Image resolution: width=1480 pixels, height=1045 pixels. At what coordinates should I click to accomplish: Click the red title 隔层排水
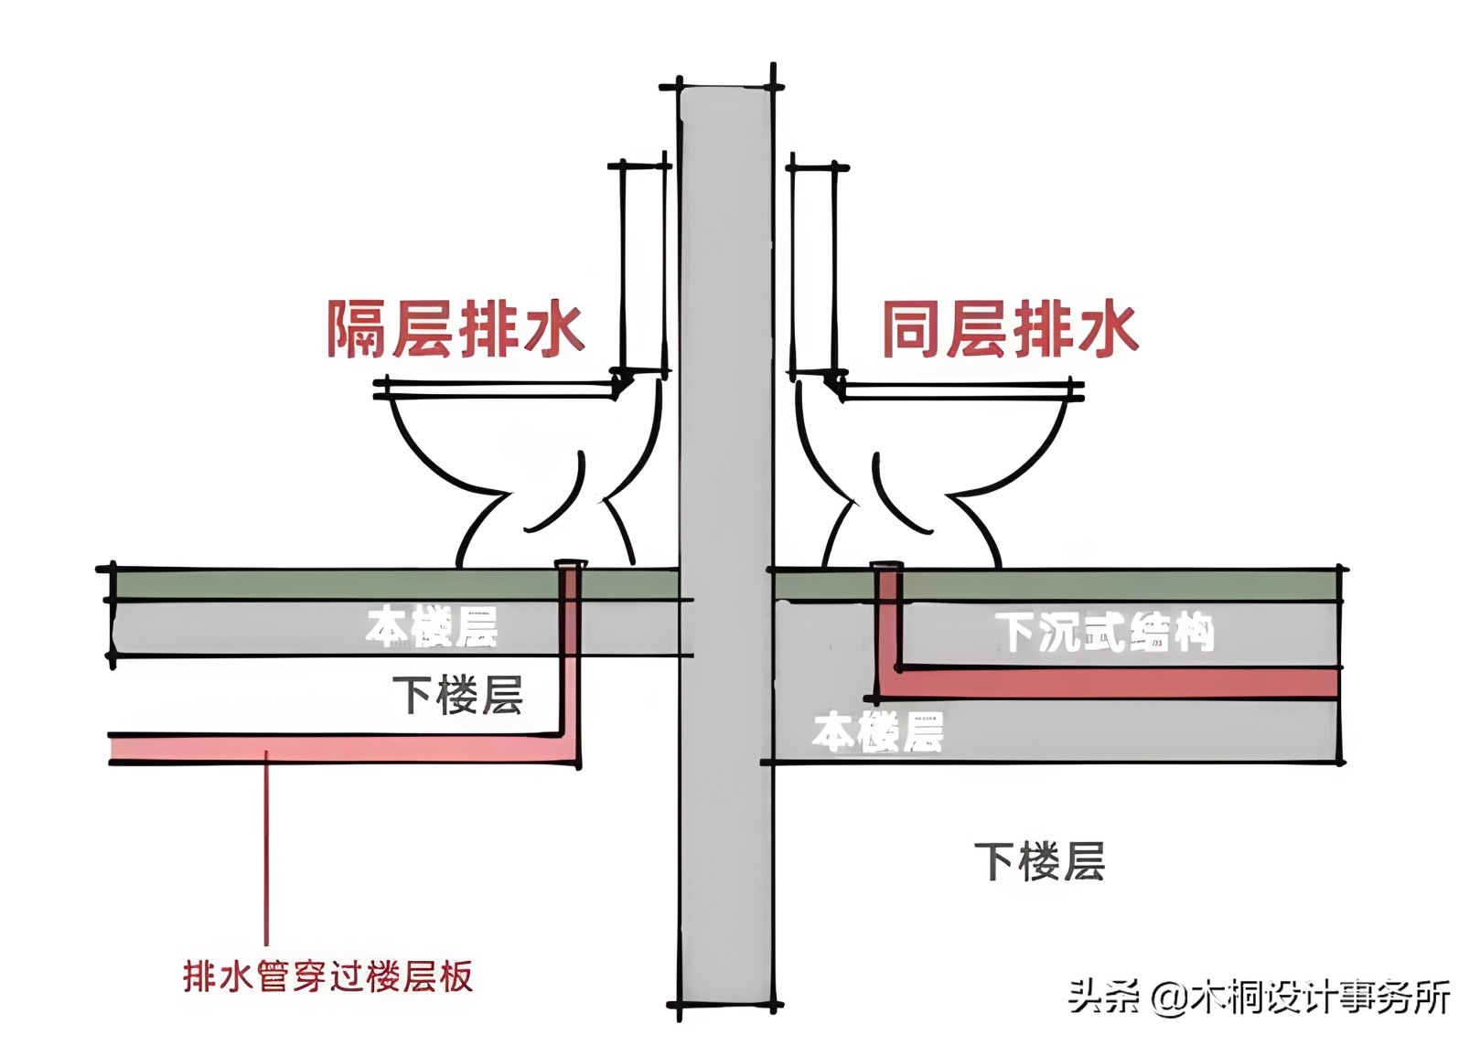[x=456, y=329]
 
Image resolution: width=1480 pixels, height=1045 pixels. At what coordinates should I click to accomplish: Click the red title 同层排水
[x=1010, y=329]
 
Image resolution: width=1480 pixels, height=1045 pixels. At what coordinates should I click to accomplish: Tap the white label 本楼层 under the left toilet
[x=432, y=627]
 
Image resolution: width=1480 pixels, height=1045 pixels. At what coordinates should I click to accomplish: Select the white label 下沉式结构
[x=1105, y=632]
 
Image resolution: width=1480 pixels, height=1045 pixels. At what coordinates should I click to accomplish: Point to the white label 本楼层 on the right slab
[x=877, y=732]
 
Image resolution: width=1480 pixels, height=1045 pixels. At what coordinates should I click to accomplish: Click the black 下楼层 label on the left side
[x=457, y=696]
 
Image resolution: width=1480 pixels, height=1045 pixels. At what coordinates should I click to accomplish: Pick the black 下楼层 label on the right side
[x=1039, y=862]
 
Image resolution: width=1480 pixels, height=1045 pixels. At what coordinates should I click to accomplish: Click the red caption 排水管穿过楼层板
[x=327, y=976]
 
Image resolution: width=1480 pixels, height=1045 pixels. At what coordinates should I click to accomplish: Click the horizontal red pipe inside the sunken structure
[x=1116, y=683]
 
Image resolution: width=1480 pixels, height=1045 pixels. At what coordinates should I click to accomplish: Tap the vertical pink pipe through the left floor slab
[x=570, y=658]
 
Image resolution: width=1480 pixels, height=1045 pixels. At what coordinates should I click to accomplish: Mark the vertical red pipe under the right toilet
[x=886, y=622]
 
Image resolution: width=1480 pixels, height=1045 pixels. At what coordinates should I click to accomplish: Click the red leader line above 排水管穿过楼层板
[x=266, y=850]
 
